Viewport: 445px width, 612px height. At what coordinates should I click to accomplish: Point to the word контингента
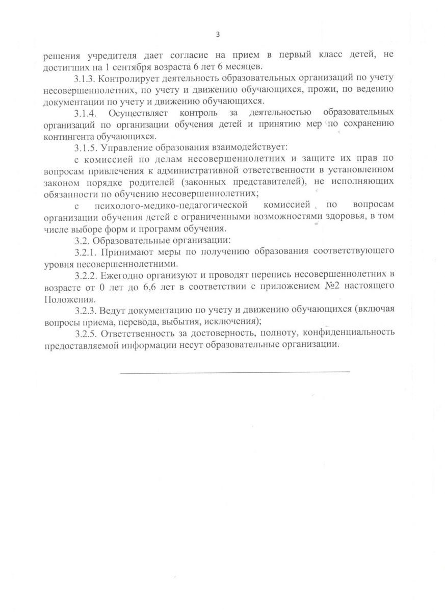(x=67, y=136)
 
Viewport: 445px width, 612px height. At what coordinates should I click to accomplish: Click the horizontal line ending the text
(x=235, y=371)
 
